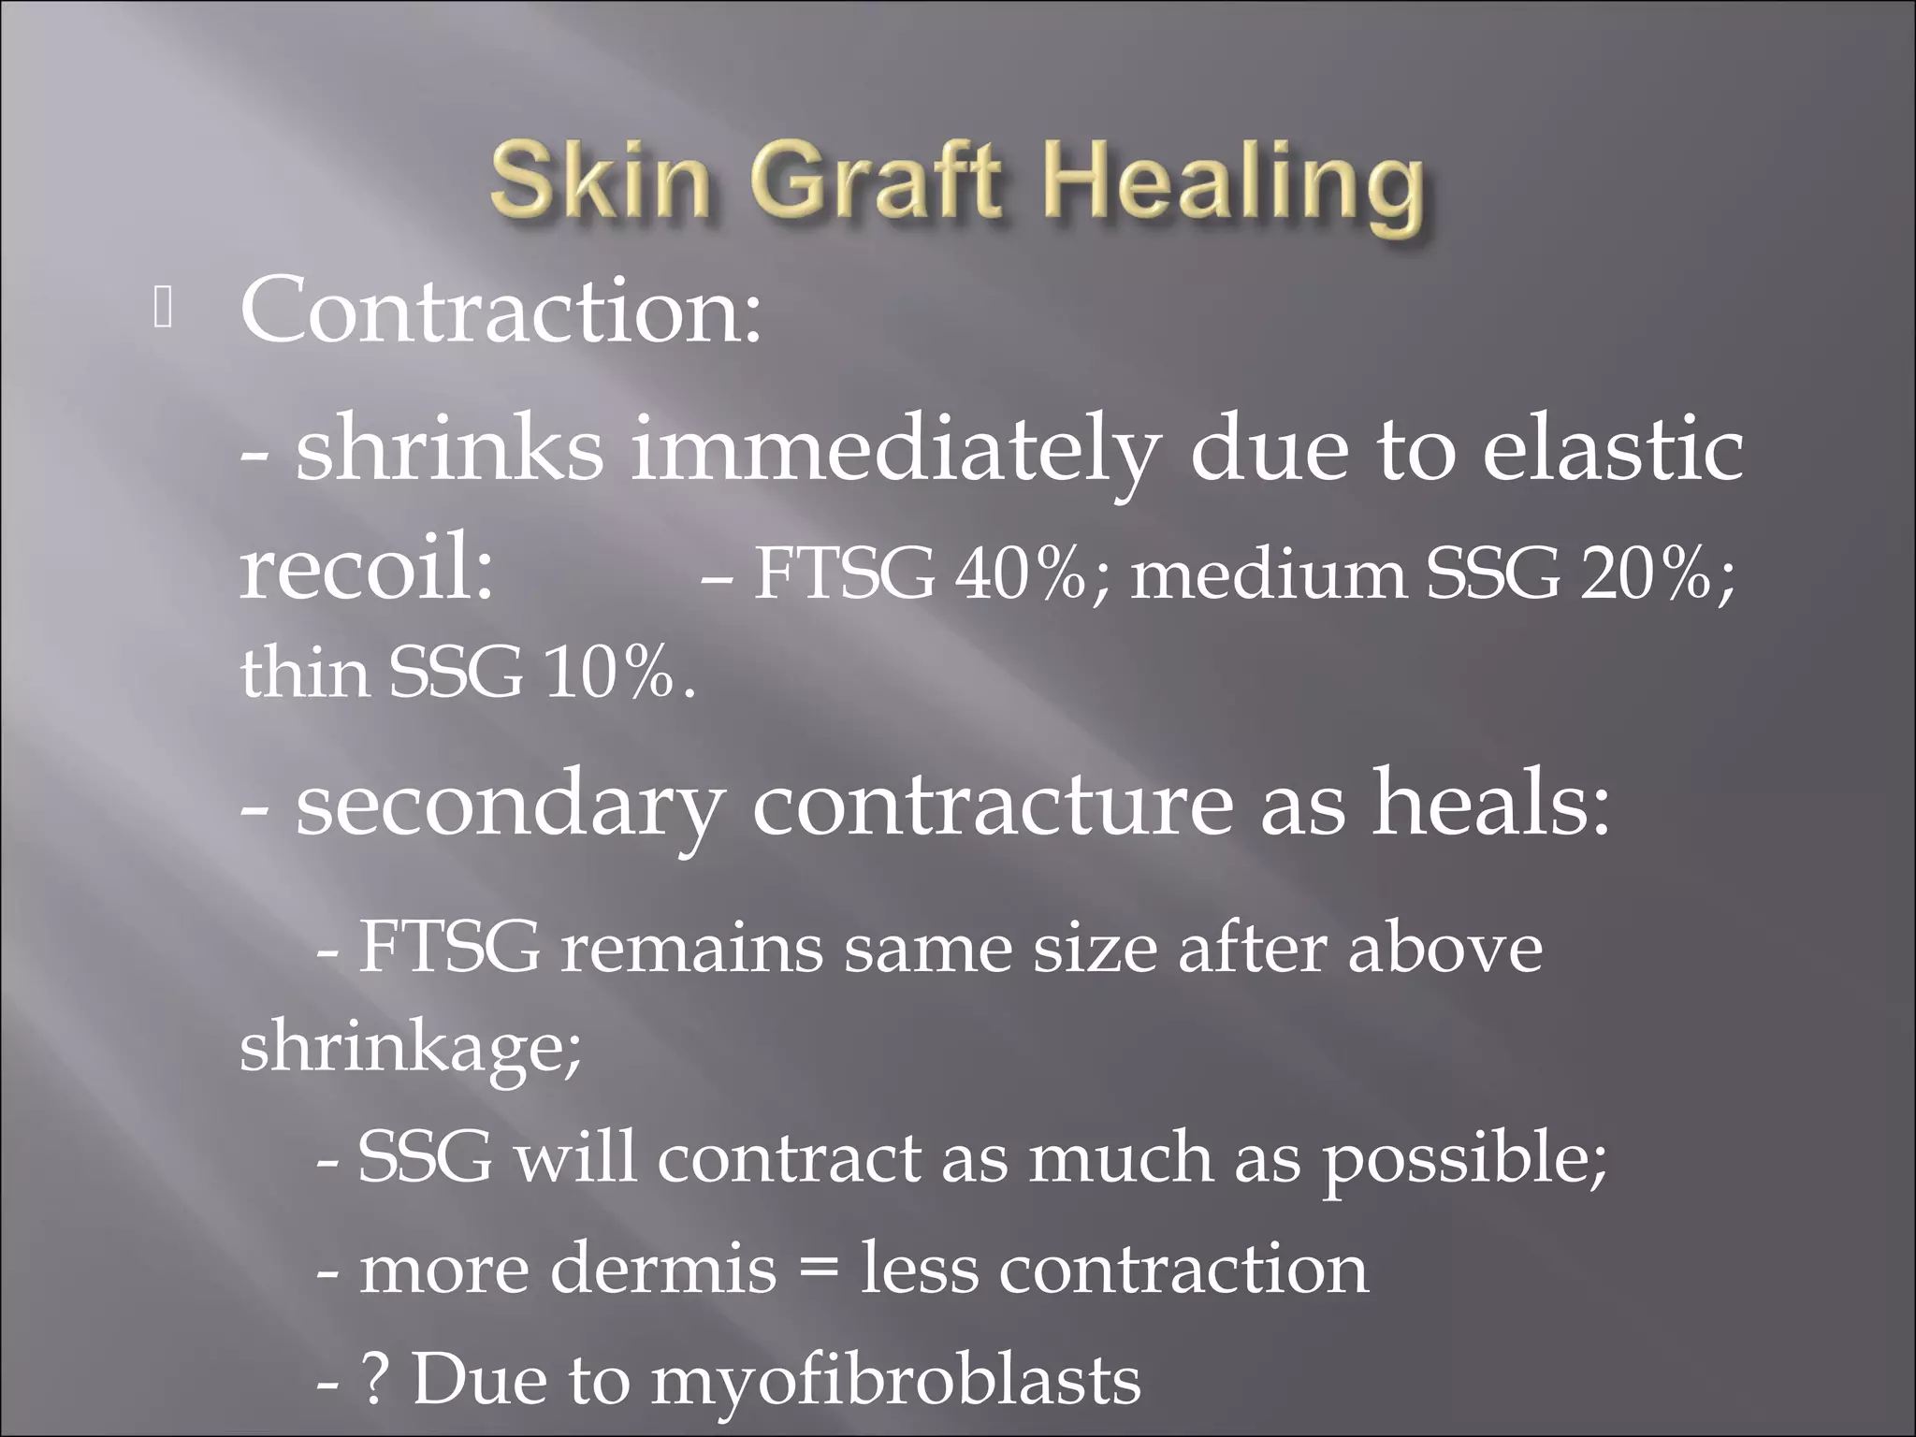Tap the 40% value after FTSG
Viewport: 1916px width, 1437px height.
pyautogui.click(x=1021, y=573)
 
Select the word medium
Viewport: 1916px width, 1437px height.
pyautogui.click(x=1269, y=573)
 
